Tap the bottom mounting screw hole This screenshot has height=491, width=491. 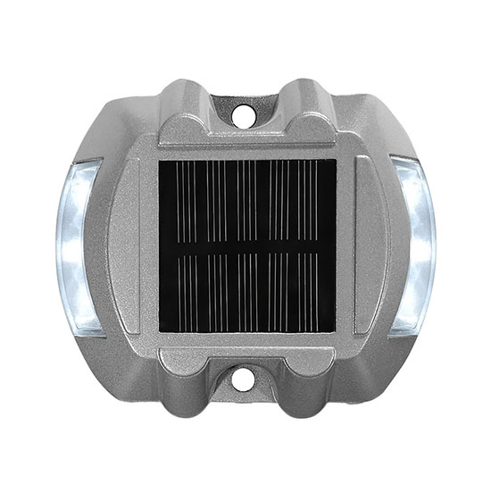(x=241, y=379)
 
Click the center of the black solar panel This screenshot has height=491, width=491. (x=247, y=246)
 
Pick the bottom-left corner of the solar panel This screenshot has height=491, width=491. (x=162, y=332)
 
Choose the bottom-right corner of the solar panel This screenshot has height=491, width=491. (x=335, y=332)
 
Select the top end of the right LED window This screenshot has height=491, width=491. (x=406, y=166)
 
